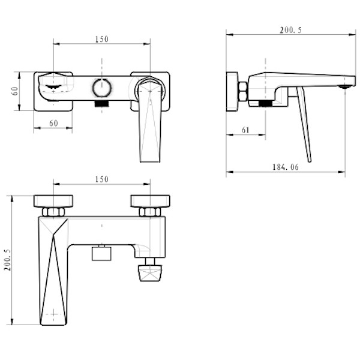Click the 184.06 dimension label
(286, 167)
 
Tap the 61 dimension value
(245, 130)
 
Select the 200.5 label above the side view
(290, 30)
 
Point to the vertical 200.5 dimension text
(8, 260)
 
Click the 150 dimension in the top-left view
(102, 39)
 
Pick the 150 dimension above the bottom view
(102, 179)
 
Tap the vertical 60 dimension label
(14, 91)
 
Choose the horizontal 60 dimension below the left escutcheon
(53, 123)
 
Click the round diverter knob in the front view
(102, 88)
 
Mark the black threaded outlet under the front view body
(102, 104)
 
